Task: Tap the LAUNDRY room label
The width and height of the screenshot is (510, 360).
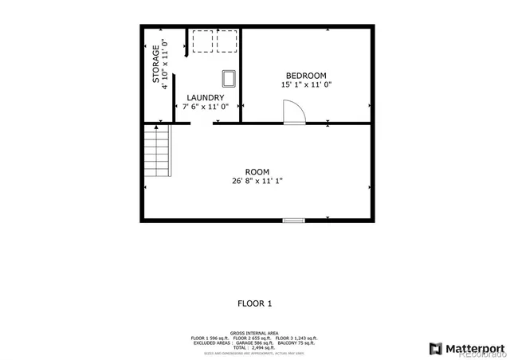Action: tap(205, 98)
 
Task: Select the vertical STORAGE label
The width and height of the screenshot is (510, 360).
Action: tap(156, 65)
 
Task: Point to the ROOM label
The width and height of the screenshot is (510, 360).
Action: tap(257, 172)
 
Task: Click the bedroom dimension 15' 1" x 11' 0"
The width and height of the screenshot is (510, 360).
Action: tap(305, 84)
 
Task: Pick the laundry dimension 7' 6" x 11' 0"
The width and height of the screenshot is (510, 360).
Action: tap(206, 107)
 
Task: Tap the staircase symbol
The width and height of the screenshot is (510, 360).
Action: tap(157, 155)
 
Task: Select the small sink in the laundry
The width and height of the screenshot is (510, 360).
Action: tap(229, 77)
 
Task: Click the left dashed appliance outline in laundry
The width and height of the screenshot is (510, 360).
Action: tap(202, 41)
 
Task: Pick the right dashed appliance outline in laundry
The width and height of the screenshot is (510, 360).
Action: tap(227, 41)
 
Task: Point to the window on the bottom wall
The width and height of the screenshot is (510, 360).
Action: tap(293, 220)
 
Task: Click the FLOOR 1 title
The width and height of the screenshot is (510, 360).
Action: tap(255, 303)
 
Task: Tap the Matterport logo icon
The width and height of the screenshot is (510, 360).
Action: tap(435, 347)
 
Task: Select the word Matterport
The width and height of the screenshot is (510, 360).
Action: tap(474, 347)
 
